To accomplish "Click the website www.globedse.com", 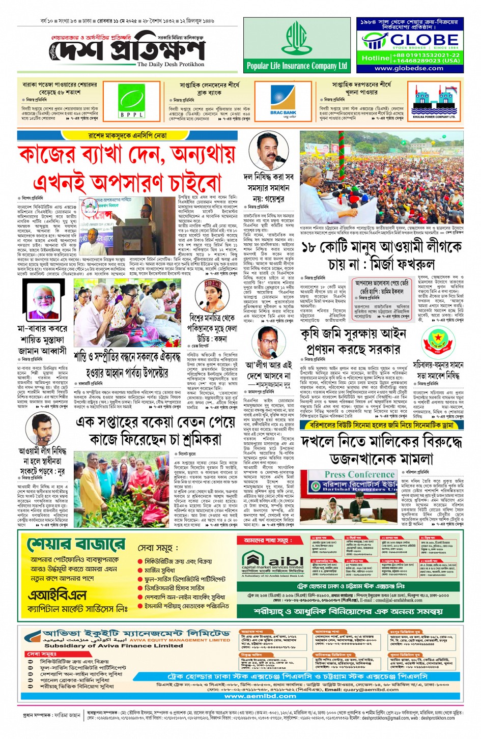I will point(409,68).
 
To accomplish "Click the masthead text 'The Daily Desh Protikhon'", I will point(171,65).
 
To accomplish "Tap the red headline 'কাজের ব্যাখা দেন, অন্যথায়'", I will point(127,154).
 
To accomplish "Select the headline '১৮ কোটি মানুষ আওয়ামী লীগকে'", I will point(381,248).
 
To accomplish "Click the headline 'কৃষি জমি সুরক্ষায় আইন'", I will point(353,334).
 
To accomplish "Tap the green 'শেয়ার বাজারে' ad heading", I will point(76,545).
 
